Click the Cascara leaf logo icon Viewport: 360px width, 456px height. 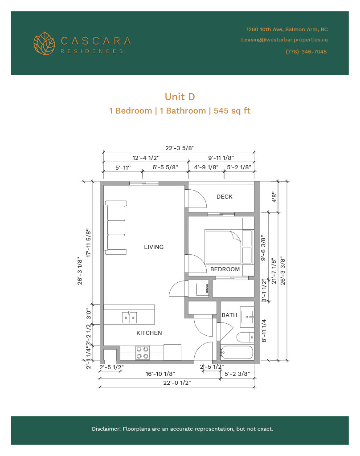tap(44, 43)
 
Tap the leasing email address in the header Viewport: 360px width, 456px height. tap(284, 40)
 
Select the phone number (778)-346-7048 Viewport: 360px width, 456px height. tap(306, 52)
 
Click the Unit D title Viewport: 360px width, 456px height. tap(180, 97)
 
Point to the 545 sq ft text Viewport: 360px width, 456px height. tap(232, 111)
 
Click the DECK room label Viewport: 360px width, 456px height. tap(225, 196)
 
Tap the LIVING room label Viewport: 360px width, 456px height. tap(154, 247)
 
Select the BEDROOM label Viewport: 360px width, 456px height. tap(225, 269)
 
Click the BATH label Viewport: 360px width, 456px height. tap(229, 315)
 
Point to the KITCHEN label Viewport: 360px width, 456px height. tap(149, 333)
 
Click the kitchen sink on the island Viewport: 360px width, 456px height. tap(129, 317)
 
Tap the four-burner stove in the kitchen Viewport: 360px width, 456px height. tap(142, 353)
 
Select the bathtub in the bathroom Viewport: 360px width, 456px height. tap(237, 353)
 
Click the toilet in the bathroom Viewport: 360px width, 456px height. tap(245, 338)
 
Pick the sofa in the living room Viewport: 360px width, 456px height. tap(115, 228)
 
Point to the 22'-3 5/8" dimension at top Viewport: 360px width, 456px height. tap(180, 148)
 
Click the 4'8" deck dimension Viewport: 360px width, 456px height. tap(274, 197)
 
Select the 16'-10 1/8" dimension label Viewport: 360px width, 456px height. tap(160, 374)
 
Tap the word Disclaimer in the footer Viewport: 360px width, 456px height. tap(106, 429)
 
